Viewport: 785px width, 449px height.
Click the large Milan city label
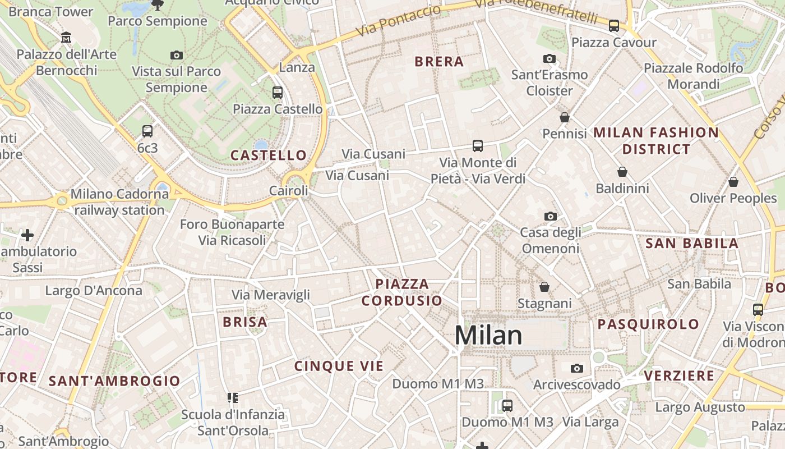pyautogui.click(x=488, y=335)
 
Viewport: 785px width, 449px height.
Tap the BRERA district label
pyautogui.click(x=439, y=62)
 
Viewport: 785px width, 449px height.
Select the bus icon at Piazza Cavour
pyautogui.click(x=614, y=26)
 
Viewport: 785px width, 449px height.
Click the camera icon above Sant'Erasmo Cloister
pyautogui.click(x=549, y=58)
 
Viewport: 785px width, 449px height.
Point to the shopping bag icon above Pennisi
pyautogui.click(x=565, y=117)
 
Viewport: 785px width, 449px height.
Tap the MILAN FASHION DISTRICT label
pyautogui.click(x=656, y=141)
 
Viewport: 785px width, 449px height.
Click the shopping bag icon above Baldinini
pyautogui.click(x=622, y=172)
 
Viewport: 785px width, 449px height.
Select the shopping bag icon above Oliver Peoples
pyautogui.click(x=733, y=182)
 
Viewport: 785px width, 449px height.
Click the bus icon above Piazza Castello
pyautogui.click(x=278, y=93)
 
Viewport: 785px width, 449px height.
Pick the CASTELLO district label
pyautogui.click(x=269, y=155)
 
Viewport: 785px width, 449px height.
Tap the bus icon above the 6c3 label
pyautogui.click(x=147, y=131)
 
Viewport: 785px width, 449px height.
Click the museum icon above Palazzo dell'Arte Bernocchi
pyautogui.click(x=66, y=38)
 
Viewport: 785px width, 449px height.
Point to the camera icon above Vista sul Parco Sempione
pyautogui.click(x=177, y=55)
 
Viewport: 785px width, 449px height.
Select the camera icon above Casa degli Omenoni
pyautogui.click(x=551, y=216)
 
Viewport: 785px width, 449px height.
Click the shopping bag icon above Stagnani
pyautogui.click(x=544, y=287)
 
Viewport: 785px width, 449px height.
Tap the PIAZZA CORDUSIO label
pyautogui.click(x=402, y=292)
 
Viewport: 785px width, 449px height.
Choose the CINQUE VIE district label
pyautogui.click(x=339, y=366)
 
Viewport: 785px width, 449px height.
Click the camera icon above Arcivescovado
pyautogui.click(x=577, y=368)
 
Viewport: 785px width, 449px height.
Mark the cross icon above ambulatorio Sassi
pyautogui.click(x=27, y=235)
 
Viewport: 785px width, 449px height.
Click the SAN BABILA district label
pyautogui.click(x=692, y=244)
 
